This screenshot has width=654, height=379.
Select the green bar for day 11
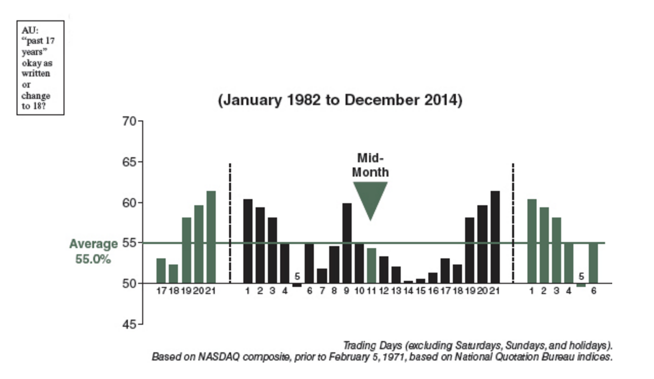tap(372, 266)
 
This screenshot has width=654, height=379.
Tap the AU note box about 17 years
tap(40, 68)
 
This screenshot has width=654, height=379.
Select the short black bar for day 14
tap(408, 282)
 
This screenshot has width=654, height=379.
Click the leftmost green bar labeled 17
tap(161, 271)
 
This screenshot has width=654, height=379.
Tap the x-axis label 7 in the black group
tap(322, 291)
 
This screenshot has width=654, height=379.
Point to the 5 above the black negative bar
tap(297, 276)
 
